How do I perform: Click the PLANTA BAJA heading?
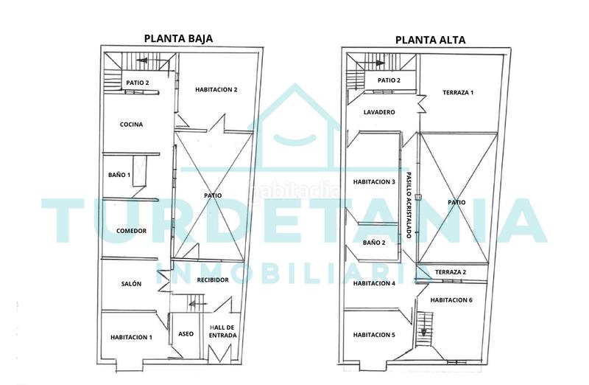[x=178, y=40]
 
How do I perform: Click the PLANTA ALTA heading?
[x=425, y=40]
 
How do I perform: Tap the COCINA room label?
[x=131, y=125]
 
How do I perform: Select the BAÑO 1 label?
[x=119, y=175]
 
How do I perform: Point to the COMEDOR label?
[x=131, y=231]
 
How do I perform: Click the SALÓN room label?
[x=131, y=283]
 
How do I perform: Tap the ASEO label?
[x=186, y=334]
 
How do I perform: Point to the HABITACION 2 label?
[x=216, y=90]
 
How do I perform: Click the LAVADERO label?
[x=380, y=112]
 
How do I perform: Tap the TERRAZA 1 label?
[x=458, y=93]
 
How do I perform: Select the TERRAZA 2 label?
[x=451, y=272]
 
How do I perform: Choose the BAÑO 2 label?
[x=374, y=242]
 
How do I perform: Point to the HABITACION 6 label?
[x=451, y=300]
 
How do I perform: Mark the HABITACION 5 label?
[x=374, y=335]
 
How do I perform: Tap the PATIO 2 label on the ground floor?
[x=138, y=83]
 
